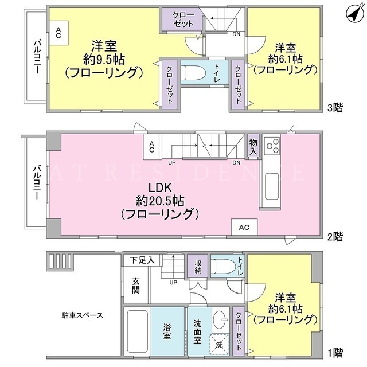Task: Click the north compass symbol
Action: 355,14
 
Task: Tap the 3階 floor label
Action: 335,108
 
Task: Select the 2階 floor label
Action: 335,237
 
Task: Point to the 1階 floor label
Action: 335,353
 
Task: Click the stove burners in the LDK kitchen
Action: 272,146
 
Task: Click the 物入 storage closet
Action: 253,146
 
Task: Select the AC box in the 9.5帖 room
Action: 58,33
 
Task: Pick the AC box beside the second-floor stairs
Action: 151,147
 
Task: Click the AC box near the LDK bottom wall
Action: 244,227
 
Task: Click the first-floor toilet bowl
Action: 223,266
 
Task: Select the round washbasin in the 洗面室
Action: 220,319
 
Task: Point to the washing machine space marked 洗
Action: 219,345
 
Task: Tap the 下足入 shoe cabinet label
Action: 142,260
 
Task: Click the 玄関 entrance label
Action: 136,286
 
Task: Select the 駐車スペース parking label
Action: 82,315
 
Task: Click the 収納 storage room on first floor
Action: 198,266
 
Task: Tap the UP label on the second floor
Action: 172,162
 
